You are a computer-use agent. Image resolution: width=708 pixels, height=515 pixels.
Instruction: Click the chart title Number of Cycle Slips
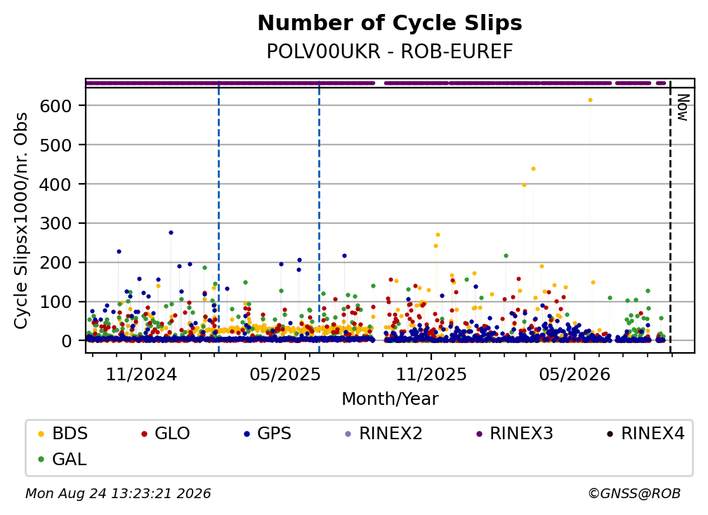390,23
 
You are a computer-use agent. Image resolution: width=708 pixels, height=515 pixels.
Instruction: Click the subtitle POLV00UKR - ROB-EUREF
390,52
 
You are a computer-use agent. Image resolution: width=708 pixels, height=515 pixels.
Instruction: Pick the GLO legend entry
166,434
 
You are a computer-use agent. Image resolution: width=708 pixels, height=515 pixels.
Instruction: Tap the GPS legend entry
268,434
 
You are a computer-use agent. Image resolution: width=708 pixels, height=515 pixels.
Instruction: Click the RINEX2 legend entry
383,434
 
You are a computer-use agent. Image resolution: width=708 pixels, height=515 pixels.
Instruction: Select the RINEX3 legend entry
515,434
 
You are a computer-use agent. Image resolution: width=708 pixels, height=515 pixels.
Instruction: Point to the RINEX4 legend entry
645,434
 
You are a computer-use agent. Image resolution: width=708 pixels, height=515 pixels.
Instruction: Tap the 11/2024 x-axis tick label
141,374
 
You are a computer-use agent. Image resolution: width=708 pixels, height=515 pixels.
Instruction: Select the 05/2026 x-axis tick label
575,374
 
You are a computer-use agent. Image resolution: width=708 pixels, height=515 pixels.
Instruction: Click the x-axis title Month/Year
390,399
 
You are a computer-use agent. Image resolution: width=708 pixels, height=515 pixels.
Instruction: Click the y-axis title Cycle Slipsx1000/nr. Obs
21,220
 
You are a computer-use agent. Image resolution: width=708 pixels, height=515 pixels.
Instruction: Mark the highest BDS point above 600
590,100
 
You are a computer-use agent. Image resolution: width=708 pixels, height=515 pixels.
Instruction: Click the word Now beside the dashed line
683,107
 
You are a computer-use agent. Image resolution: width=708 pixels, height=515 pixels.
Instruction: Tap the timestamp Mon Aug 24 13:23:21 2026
118,494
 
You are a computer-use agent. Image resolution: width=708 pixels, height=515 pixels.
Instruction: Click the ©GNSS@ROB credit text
634,494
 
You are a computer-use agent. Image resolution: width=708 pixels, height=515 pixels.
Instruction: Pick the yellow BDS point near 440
533,168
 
